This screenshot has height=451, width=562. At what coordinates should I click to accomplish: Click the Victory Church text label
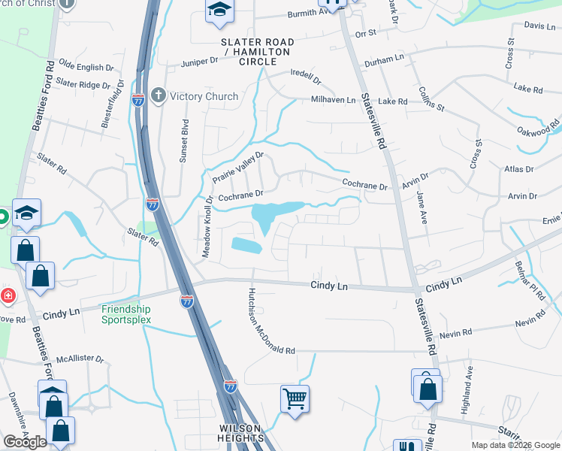tap(204, 96)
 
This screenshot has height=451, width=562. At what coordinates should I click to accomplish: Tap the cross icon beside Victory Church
tap(158, 95)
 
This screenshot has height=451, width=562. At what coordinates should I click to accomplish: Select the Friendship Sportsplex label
tap(126, 314)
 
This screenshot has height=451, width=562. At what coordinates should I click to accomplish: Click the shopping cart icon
tap(295, 398)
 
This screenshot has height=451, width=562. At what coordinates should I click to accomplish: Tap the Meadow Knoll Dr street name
tap(207, 228)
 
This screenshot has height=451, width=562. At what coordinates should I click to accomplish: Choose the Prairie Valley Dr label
tap(238, 167)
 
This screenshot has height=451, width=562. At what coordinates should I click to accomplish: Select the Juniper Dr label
tap(200, 62)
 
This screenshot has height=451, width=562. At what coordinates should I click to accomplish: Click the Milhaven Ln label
tap(334, 101)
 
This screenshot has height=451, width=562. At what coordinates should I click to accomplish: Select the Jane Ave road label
tap(421, 205)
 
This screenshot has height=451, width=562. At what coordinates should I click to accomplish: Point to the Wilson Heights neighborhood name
tap(242, 432)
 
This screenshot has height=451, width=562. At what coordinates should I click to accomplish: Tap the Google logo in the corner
tap(25, 442)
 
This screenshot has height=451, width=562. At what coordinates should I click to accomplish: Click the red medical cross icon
tap(7, 295)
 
